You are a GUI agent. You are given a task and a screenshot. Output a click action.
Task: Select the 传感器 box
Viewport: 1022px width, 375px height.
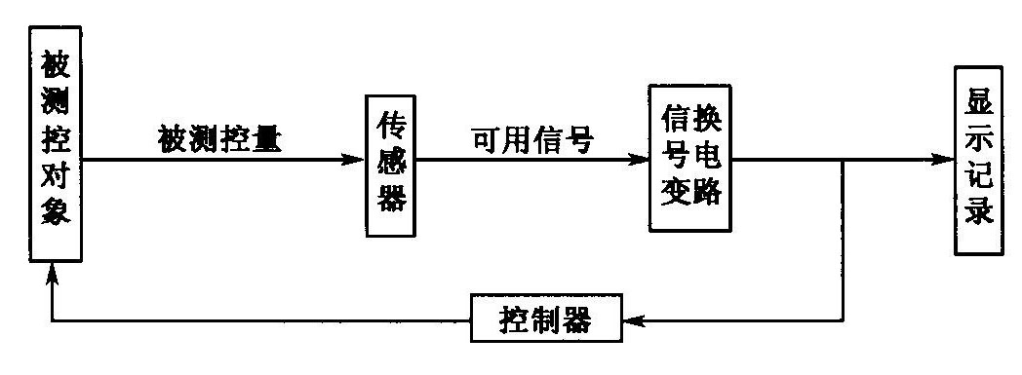click(x=390, y=166)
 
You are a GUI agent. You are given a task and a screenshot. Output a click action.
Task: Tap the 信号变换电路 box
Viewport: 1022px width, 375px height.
click(x=689, y=158)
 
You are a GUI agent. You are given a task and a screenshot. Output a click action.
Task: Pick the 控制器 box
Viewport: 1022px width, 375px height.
click(x=546, y=319)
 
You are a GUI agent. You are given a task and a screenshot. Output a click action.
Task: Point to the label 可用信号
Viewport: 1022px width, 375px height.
click(x=533, y=138)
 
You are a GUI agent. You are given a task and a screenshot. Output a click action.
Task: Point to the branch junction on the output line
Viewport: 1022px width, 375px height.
click(x=844, y=160)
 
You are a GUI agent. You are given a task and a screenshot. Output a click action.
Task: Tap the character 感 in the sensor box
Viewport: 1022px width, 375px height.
click(x=390, y=166)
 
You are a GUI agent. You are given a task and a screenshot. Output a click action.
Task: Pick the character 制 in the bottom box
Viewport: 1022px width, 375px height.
click(x=546, y=319)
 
